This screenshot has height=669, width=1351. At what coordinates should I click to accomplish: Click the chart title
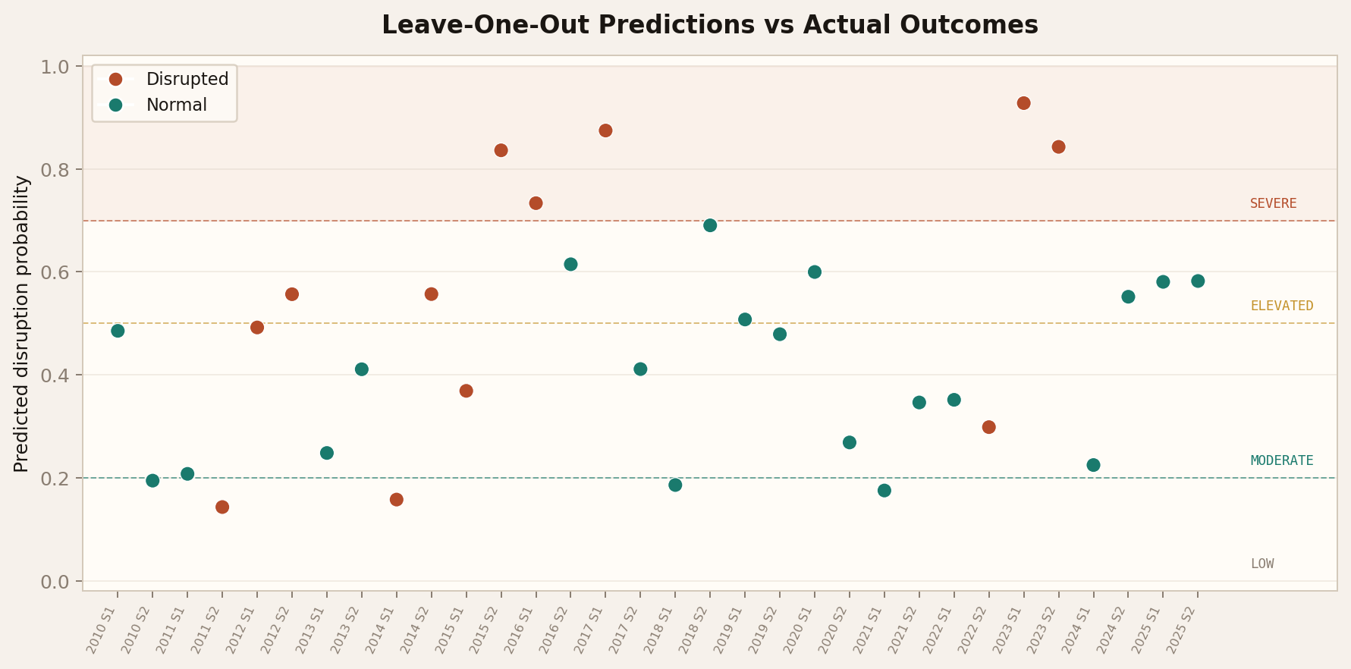point(709,25)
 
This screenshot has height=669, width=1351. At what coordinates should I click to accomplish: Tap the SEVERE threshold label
point(1273,204)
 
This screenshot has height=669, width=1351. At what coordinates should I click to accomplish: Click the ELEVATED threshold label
point(1281,306)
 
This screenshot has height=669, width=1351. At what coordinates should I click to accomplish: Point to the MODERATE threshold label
point(1281,461)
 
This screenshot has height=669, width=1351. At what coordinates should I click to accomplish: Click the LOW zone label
point(1261,564)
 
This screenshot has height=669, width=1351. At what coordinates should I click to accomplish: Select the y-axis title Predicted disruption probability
point(22,324)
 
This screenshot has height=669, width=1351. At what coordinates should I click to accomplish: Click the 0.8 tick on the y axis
point(55,170)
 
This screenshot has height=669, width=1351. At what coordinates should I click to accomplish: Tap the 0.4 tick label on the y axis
point(55,375)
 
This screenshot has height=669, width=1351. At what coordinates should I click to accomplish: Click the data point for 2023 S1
point(1023,103)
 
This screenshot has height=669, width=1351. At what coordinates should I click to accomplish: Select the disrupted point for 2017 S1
point(605,130)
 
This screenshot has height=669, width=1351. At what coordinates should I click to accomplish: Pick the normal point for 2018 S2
point(710,225)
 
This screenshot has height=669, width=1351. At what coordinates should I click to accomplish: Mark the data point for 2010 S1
point(118,331)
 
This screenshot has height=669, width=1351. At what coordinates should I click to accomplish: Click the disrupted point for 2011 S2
point(222,507)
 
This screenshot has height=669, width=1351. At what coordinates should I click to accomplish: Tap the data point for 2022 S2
point(988,427)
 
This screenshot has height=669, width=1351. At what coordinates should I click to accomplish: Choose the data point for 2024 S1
point(1093,465)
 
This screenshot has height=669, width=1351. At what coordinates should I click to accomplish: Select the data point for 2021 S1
point(884,491)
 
